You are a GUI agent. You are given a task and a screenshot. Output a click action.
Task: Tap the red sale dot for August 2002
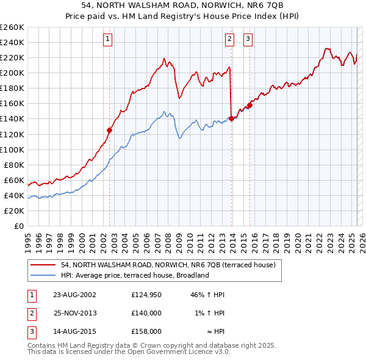tap(110, 130)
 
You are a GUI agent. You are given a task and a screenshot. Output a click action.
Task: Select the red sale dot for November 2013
tap(231, 118)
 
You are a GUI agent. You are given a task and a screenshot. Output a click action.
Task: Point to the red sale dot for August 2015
tap(249, 105)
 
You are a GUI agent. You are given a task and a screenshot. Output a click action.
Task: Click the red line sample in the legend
tap(43, 265)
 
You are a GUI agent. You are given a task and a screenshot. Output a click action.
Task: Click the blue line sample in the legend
tap(43, 275)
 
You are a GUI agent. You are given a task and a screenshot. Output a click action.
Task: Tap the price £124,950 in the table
tap(147, 295)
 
